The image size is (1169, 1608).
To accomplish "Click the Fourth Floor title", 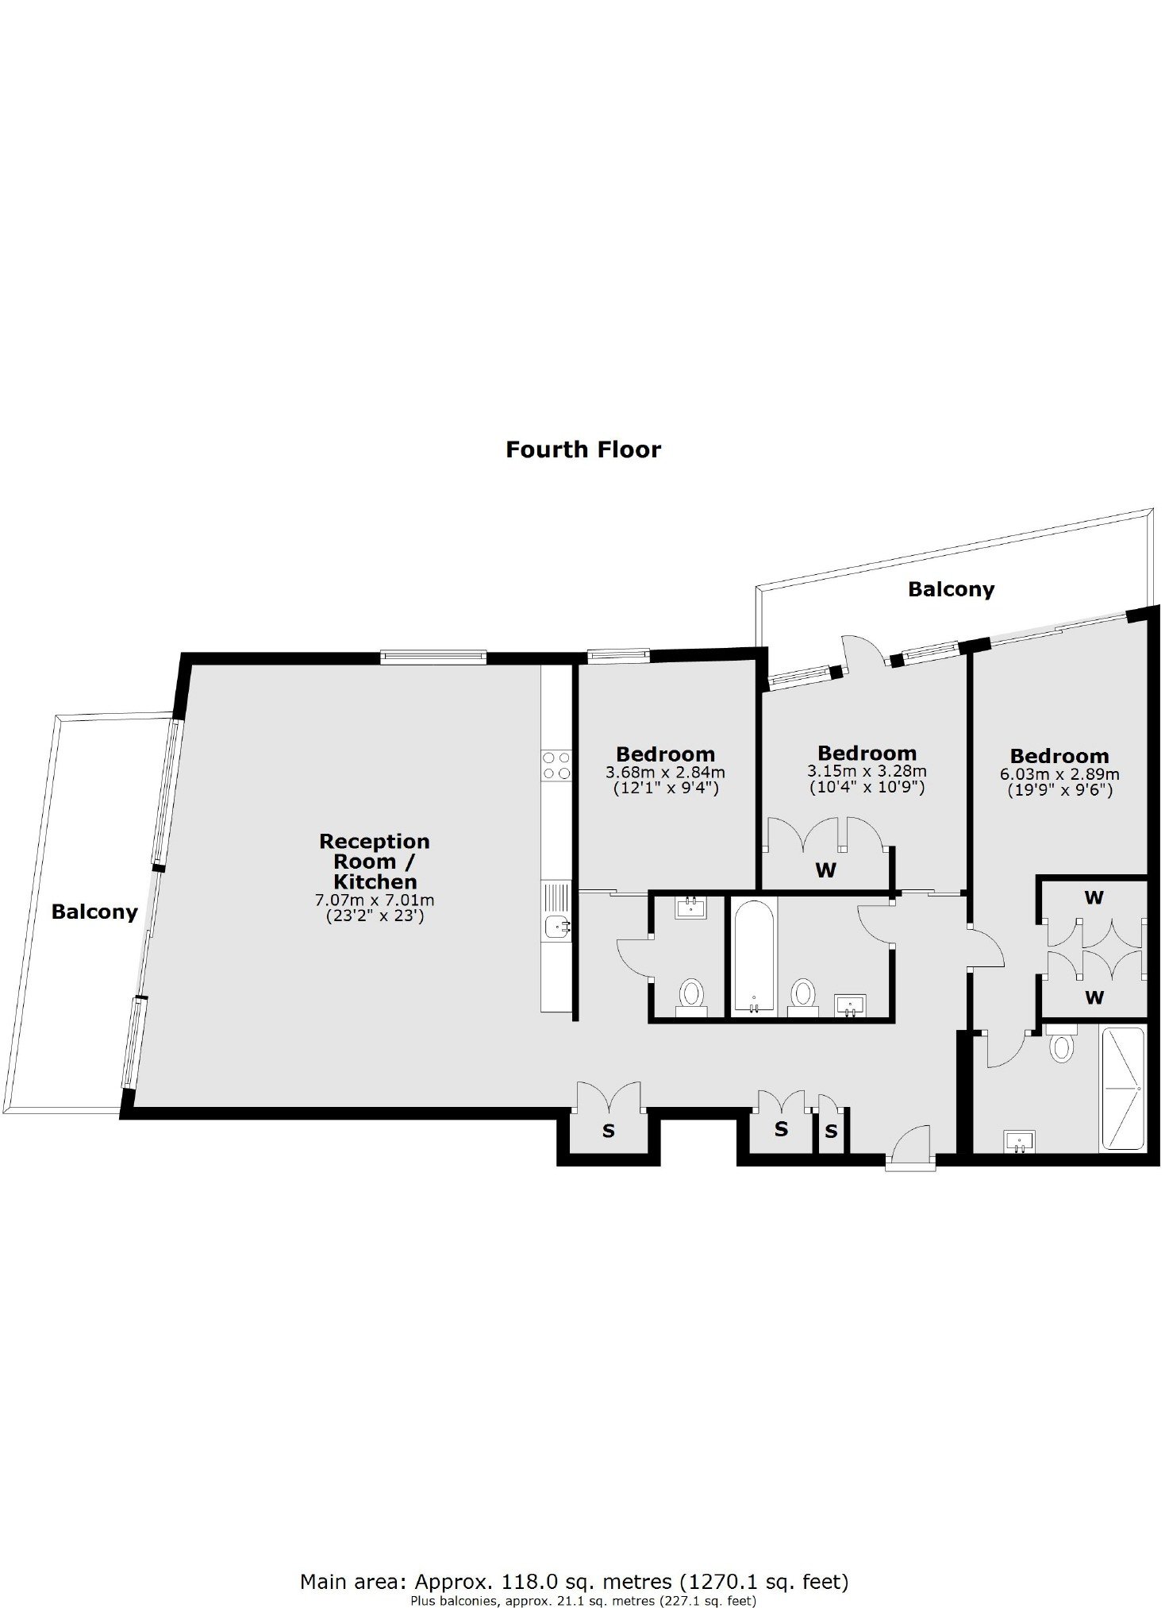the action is [x=583, y=449].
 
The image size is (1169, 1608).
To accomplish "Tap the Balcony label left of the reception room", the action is [x=94, y=912].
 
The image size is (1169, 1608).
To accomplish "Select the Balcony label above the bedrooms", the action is [x=951, y=589].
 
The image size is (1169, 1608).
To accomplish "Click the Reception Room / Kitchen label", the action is [x=375, y=862].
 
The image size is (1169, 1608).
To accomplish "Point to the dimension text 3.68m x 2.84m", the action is [x=665, y=772].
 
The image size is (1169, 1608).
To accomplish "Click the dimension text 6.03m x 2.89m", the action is [x=1059, y=774].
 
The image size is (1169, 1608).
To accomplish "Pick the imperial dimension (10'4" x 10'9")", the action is [x=867, y=788].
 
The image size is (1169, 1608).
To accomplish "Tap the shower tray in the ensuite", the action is [x=1122, y=1089].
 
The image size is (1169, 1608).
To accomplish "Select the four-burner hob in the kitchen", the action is [x=556, y=764].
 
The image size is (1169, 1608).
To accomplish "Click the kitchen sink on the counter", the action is [x=556, y=925].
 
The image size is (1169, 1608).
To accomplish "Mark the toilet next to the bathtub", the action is [x=803, y=997].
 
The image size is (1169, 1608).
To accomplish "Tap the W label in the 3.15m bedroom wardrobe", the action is [x=825, y=870].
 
